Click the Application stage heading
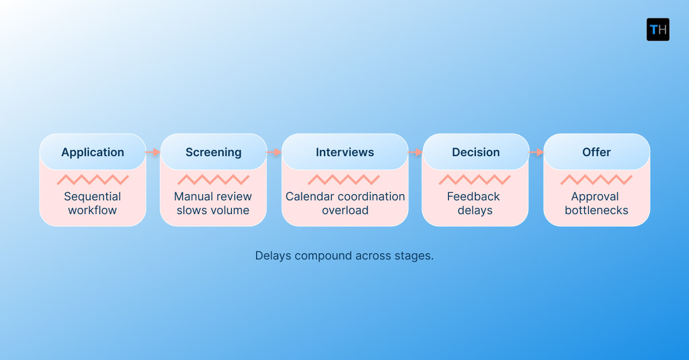[92, 152]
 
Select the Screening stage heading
[214, 152]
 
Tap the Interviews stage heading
[345, 152]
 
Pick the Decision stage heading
[475, 152]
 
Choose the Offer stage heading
[597, 152]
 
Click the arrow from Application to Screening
[153, 152]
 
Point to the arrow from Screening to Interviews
[274, 152]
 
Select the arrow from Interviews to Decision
[415, 152]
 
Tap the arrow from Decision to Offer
[536, 152]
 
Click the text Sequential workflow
[92, 203]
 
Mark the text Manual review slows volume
[213, 203]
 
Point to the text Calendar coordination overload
[345, 203]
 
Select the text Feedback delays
[474, 203]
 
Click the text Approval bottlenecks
[596, 203]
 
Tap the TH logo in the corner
[658, 29]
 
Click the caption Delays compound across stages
[344, 256]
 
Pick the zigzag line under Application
[92, 180]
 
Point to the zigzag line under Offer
[596, 180]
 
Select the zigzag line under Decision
[474, 180]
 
